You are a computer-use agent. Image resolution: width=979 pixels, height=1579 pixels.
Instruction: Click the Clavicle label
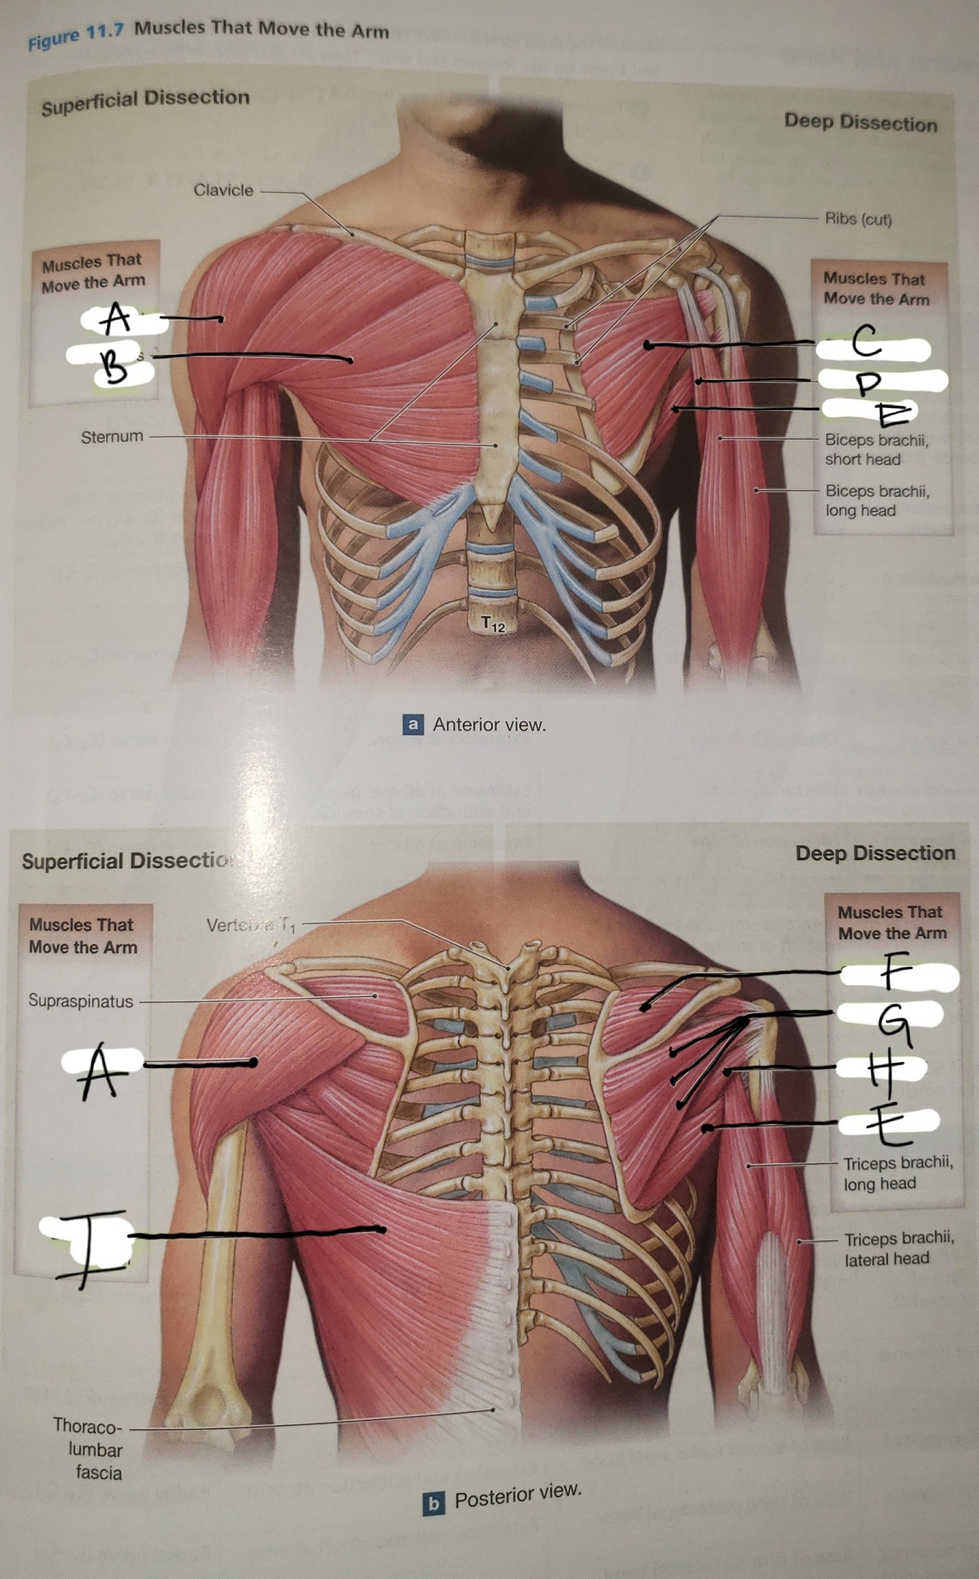[x=223, y=190]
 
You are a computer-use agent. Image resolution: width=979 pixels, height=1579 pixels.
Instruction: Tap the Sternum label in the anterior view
[x=112, y=437]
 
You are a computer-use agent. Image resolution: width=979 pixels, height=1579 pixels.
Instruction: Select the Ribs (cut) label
[x=858, y=219]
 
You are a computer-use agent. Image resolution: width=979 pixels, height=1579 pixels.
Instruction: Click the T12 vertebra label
[x=493, y=624]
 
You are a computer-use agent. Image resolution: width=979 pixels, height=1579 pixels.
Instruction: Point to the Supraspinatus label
[x=81, y=1001]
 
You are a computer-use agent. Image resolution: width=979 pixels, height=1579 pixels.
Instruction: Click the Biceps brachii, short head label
[x=876, y=450]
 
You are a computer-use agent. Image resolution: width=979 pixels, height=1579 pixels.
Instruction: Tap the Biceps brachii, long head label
[x=876, y=500]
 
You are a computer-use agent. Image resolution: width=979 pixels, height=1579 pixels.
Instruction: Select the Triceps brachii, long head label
[x=898, y=1173]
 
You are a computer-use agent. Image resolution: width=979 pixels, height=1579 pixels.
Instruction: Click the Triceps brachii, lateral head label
[x=898, y=1248]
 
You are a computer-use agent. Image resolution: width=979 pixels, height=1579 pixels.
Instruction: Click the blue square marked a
[x=413, y=725]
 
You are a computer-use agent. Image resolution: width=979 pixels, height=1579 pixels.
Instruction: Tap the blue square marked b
[x=433, y=1503]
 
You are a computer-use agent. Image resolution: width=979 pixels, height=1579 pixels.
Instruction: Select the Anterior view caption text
[x=489, y=725]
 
